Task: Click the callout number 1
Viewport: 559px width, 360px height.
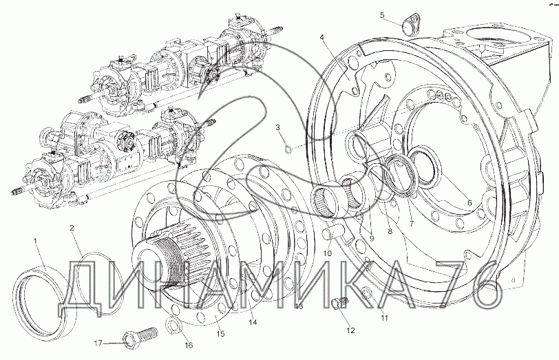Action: (35, 241)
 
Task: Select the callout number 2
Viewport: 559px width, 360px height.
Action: (72, 228)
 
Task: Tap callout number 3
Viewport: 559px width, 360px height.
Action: (278, 127)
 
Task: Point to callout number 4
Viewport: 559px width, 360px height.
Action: (321, 36)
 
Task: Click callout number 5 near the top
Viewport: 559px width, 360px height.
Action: (382, 15)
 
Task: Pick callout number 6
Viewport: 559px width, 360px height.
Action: (470, 203)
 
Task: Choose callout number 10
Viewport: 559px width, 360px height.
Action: (327, 253)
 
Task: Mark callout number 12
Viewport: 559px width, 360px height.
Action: (351, 330)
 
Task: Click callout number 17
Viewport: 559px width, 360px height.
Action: (98, 343)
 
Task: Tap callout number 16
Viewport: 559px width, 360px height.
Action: (189, 345)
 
